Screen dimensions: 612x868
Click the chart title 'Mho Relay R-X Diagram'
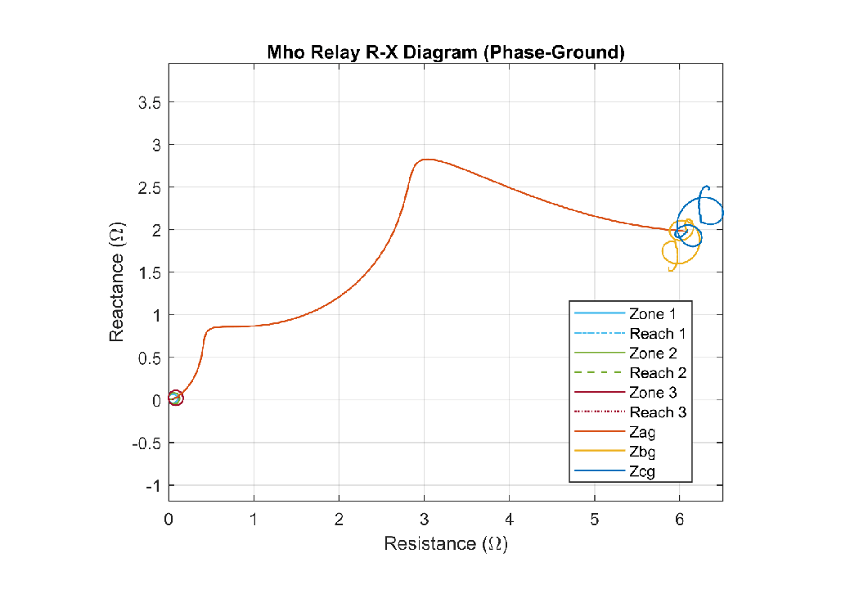(x=446, y=53)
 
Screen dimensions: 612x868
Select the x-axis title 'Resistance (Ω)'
(x=446, y=543)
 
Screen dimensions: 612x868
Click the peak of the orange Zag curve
(x=426, y=160)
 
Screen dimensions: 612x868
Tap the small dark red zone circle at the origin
(x=175, y=398)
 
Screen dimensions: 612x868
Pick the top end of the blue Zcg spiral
(x=708, y=187)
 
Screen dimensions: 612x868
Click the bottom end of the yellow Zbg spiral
(x=671, y=270)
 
